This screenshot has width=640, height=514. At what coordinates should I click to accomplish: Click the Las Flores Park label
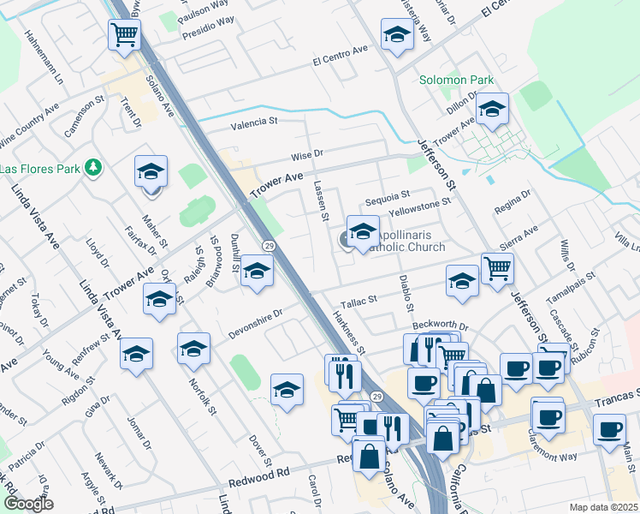tap(38, 167)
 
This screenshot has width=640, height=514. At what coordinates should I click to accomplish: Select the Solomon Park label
tap(456, 81)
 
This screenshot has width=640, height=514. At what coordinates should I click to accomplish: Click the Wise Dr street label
tap(305, 155)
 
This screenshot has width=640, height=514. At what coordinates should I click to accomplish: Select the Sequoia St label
tap(388, 195)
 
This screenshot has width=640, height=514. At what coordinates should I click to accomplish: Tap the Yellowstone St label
tap(419, 206)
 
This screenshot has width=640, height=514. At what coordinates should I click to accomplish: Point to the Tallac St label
tap(359, 301)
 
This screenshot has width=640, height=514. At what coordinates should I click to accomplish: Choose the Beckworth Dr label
tap(441, 326)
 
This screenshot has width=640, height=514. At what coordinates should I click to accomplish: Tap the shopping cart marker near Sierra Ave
tap(497, 268)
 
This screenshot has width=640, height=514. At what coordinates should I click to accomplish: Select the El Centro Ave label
tap(340, 60)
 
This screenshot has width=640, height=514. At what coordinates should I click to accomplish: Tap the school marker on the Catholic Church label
tap(363, 232)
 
